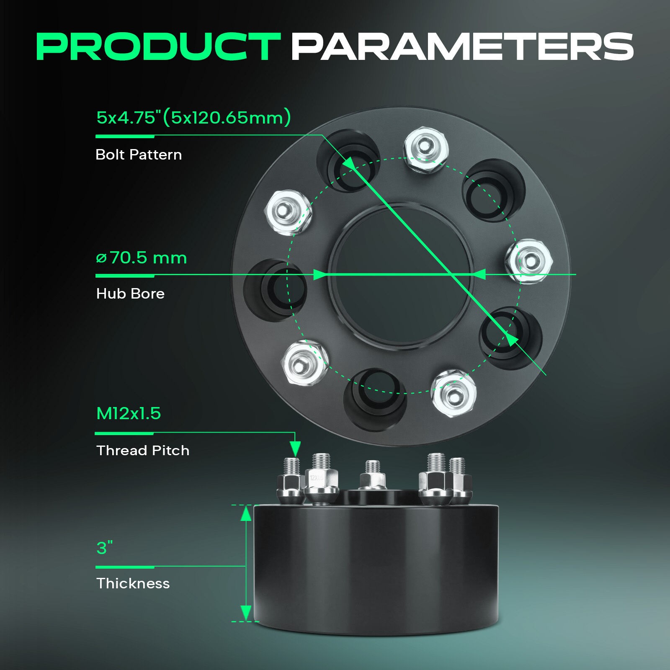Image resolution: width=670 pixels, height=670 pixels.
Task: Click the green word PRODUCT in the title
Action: (x=158, y=46)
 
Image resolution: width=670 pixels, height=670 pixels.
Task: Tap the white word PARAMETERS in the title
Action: (x=462, y=46)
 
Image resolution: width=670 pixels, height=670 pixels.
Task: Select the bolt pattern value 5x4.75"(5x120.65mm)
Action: (x=193, y=117)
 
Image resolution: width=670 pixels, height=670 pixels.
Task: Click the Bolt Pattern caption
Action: (x=139, y=155)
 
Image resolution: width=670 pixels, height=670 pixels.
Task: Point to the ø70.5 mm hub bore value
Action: (x=141, y=258)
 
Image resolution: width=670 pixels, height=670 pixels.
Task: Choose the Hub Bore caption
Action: (x=130, y=294)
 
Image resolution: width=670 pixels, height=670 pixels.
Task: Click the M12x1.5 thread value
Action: (x=129, y=414)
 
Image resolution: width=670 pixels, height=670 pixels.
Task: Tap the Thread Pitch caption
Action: (x=143, y=451)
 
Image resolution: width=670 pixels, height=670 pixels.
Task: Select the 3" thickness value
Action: (x=105, y=547)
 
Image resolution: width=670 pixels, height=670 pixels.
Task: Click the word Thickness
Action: (x=133, y=583)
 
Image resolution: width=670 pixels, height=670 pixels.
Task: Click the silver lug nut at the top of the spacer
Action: (x=426, y=149)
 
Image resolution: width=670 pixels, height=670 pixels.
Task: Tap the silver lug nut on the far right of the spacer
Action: (x=528, y=261)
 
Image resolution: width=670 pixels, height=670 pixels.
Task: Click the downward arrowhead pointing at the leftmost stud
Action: (x=295, y=448)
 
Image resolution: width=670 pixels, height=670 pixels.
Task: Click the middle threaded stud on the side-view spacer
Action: (x=372, y=476)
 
